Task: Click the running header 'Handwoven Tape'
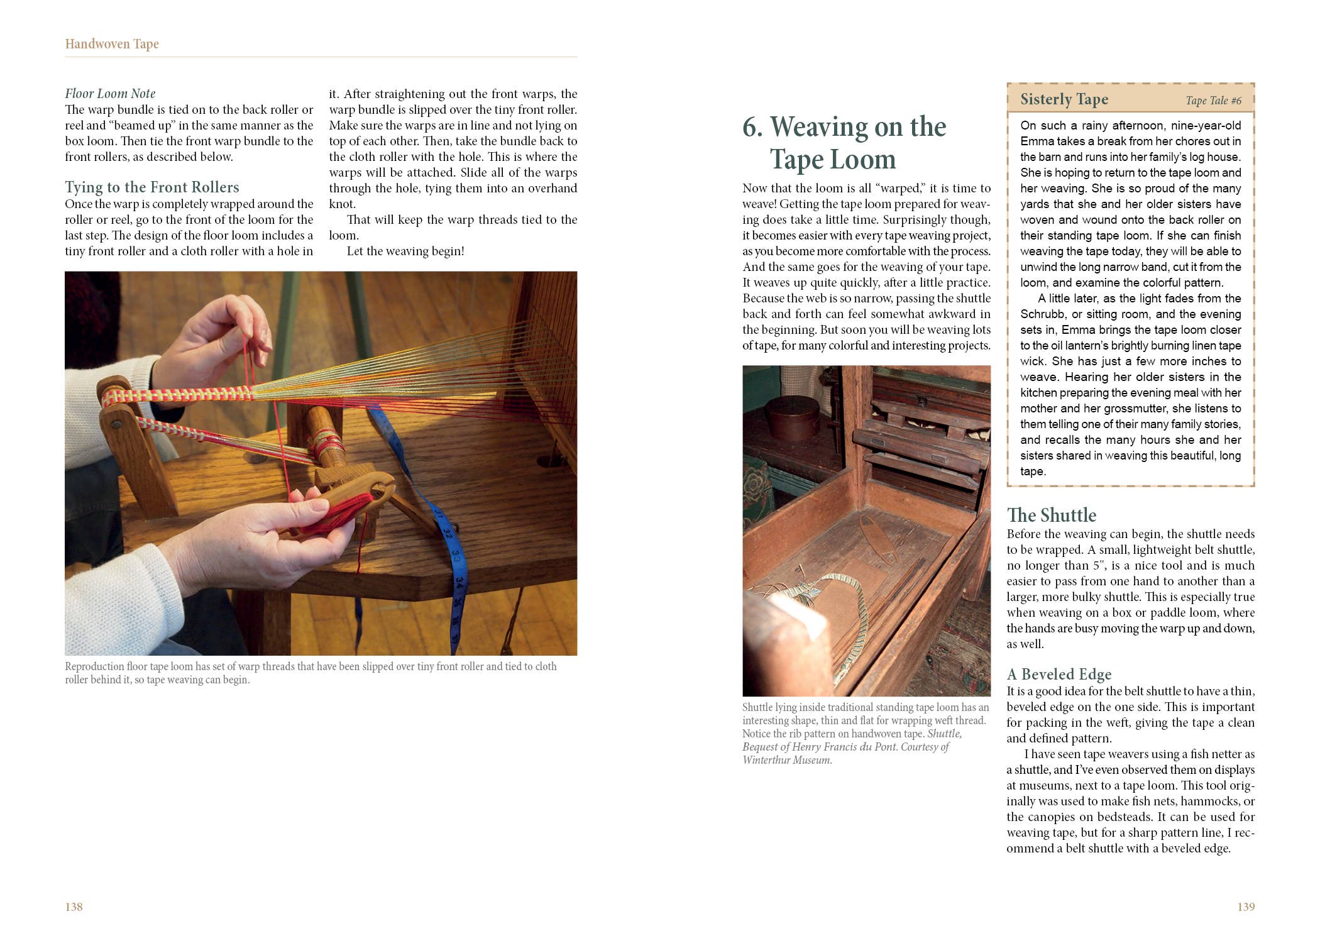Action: click(112, 44)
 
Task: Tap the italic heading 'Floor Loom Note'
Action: click(110, 94)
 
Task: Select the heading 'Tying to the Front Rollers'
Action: click(152, 187)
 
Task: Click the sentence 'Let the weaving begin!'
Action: click(405, 251)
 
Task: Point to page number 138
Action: click(74, 907)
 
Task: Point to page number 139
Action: click(1245, 907)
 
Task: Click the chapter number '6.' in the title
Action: click(752, 127)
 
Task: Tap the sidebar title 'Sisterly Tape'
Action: click(1064, 99)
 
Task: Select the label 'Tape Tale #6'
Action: click(1213, 101)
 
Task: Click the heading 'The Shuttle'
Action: click(1051, 516)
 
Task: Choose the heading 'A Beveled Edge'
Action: click(1059, 675)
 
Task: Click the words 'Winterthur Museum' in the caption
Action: click(786, 760)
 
